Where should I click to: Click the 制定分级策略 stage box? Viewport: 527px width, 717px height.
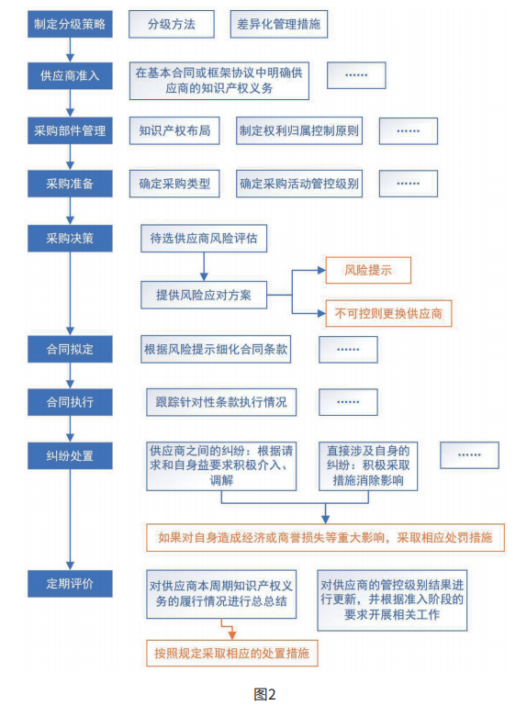[70, 24]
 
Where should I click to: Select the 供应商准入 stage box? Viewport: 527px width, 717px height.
[70, 75]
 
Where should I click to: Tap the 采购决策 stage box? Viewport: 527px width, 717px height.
[70, 239]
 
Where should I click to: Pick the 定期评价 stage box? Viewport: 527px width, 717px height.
[70, 584]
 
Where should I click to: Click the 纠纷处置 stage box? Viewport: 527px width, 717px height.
[70, 455]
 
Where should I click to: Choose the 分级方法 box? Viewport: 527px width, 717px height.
[172, 24]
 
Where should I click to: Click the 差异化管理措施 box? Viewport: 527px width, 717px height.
[279, 24]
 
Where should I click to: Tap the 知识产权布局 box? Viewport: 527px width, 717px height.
[174, 130]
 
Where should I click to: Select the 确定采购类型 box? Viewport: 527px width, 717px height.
[174, 184]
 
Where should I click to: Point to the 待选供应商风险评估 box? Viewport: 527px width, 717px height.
[204, 239]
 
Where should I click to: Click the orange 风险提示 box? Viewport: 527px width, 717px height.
[368, 270]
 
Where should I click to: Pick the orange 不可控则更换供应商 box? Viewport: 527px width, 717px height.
[388, 314]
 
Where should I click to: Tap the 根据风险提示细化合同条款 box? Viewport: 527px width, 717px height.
[216, 350]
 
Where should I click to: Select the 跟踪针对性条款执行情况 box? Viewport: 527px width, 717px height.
[221, 402]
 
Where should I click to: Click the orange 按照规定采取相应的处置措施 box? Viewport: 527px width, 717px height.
[232, 653]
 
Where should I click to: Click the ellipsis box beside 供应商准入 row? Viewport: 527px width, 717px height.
[356, 75]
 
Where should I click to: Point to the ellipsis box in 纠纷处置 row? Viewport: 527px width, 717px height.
[469, 455]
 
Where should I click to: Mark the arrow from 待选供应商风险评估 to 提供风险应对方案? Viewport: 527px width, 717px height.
[204, 266]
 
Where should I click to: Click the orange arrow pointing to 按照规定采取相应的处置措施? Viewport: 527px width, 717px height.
[228, 629]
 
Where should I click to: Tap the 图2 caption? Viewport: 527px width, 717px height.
[264, 695]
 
